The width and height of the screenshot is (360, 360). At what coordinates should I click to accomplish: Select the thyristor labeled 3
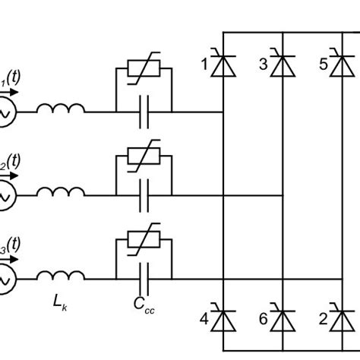coord(282,66)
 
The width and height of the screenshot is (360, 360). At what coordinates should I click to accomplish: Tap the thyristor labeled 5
coord(341,66)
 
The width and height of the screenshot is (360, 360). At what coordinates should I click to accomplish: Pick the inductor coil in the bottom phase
coord(62,277)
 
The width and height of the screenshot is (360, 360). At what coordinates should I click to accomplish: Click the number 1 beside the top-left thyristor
coord(204,65)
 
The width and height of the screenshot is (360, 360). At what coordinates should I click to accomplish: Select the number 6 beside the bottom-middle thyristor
coord(263,320)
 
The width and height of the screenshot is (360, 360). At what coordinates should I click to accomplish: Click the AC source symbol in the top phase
coord(6,112)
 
